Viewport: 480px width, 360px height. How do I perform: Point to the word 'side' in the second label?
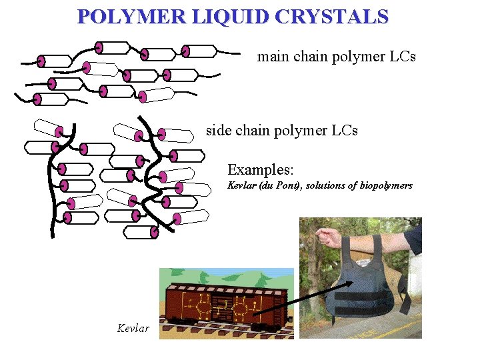(x=219, y=130)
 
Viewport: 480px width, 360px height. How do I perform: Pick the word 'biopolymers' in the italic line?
(x=386, y=185)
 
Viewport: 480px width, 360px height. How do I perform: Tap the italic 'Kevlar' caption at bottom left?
(x=133, y=328)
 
